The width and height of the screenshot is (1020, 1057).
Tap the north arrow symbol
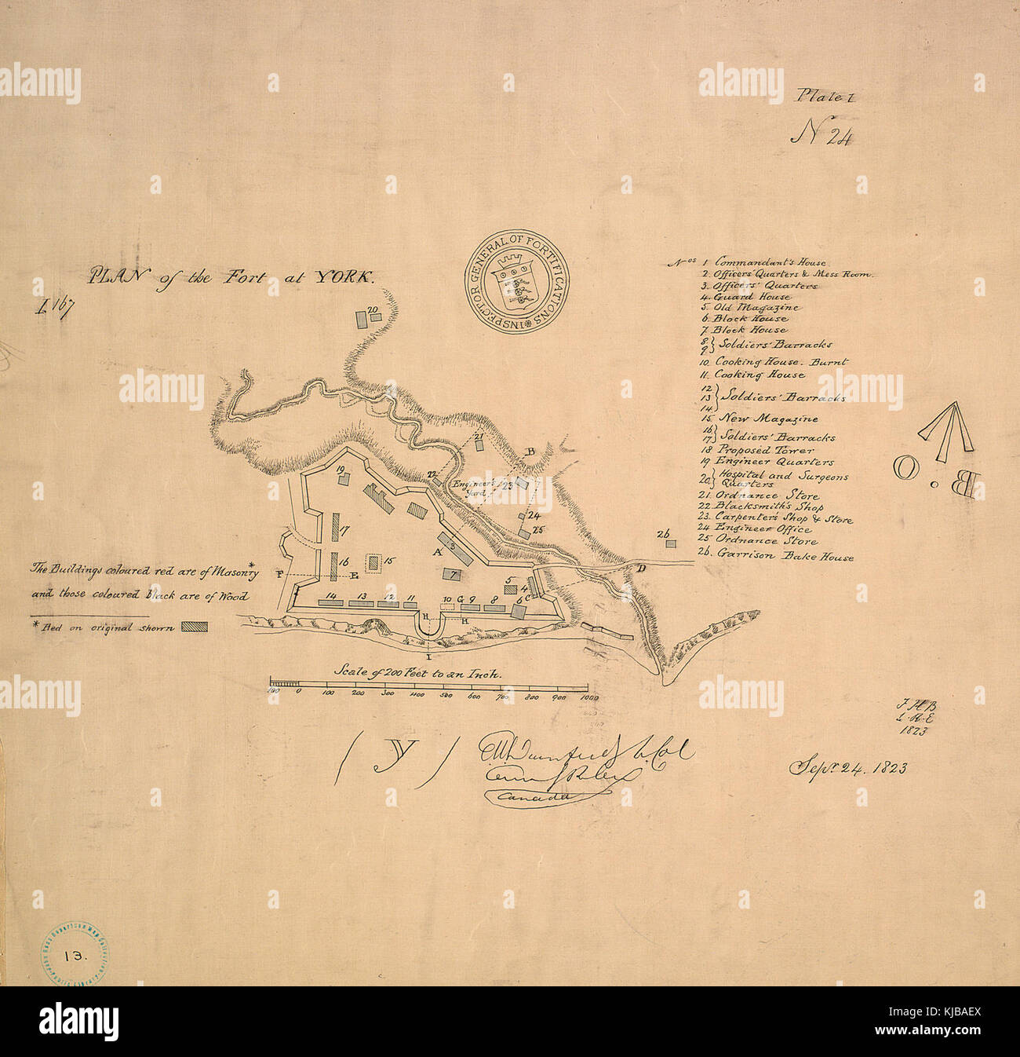pyautogui.click(x=946, y=433)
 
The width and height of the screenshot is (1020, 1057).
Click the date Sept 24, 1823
pyautogui.click(x=847, y=767)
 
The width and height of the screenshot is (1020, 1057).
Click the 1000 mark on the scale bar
pyautogui.click(x=588, y=696)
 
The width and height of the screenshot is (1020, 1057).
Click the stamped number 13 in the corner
pyautogui.click(x=75, y=956)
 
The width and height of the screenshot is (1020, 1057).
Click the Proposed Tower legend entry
pyautogui.click(x=754, y=451)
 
